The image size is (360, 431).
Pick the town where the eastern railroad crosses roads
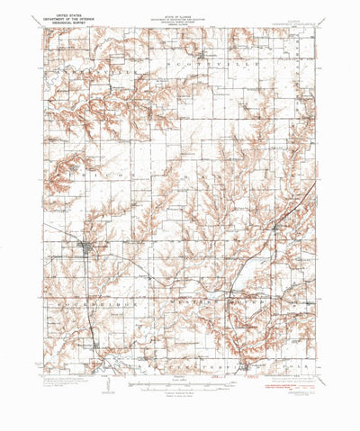coord(274,230)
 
